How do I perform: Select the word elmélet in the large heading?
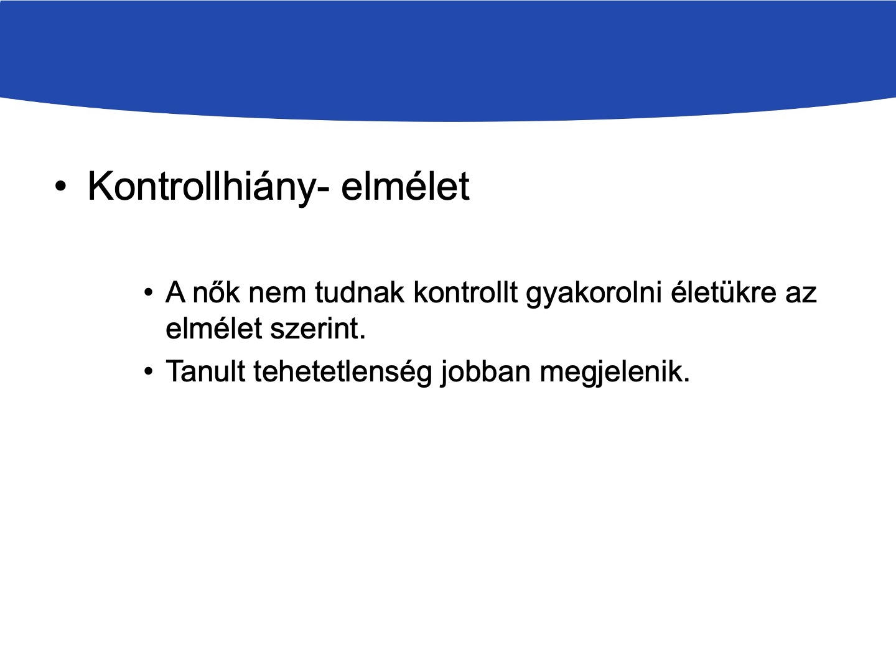405,186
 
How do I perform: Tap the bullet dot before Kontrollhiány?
60,186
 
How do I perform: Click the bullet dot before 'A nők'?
149,292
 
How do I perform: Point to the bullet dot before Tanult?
149,371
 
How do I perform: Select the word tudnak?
360,292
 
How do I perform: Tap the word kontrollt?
466,292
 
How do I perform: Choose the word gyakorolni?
594,294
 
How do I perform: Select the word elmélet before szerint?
213,328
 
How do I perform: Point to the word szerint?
317,329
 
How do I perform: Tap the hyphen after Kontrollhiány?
322,189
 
